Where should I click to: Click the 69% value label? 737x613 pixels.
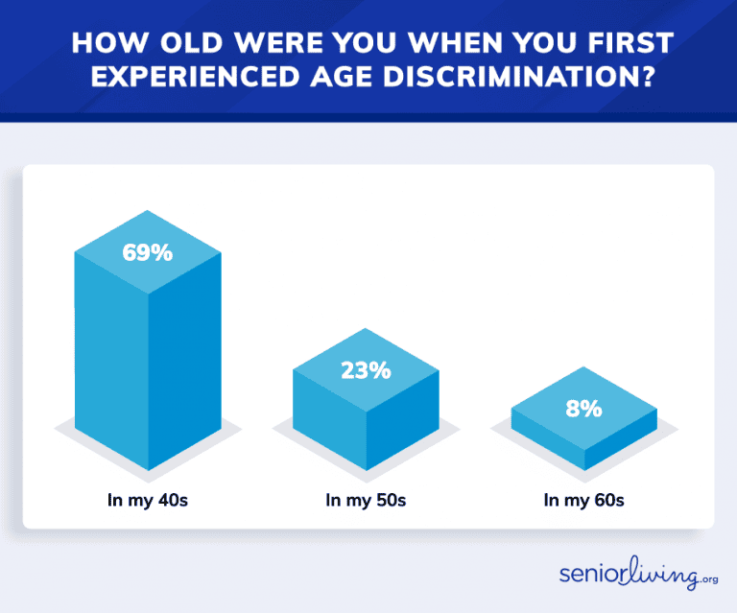[147, 253]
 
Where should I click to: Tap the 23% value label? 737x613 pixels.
[366, 369]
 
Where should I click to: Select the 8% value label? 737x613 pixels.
[583, 409]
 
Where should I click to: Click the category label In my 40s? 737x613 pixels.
[148, 500]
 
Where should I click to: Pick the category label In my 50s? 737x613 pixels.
[366, 500]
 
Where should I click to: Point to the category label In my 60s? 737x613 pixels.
[583, 500]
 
